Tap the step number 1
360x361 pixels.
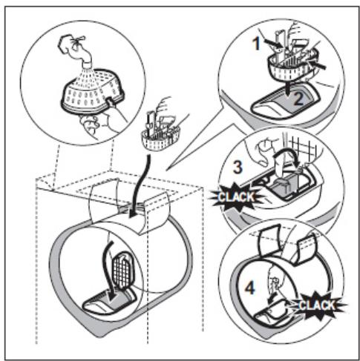[257, 44]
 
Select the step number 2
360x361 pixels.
[298, 99]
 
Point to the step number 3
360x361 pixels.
[238, 168]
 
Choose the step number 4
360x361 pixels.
[250, 288]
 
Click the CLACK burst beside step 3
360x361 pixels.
[235, 197]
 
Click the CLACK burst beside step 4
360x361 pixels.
[318, 305]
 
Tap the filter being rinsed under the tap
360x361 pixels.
[92, 91]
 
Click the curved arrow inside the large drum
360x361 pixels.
[105, 267]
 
